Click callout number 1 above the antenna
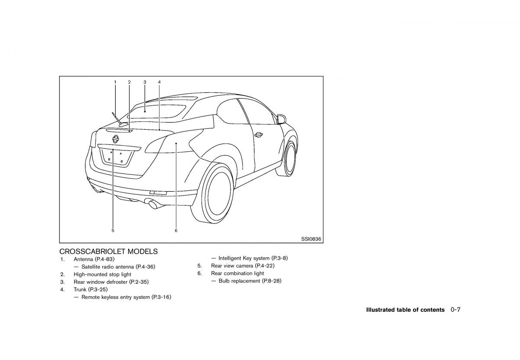point(115,82)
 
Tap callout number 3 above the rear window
point(145,82)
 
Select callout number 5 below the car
point(113,231)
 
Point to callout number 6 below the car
point(176,231)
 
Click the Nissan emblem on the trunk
point(115,139)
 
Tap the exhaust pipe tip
point(154,204)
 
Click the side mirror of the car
point(281,119)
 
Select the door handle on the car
point(258,134)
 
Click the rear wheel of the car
point(212,193)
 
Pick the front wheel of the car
point(287,158)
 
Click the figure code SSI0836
point(311,239)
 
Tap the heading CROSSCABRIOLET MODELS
point(108,252)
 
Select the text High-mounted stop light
point(102,274)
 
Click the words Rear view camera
point(232,265)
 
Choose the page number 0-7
point(455,310)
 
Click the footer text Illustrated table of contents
point(405,310)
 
